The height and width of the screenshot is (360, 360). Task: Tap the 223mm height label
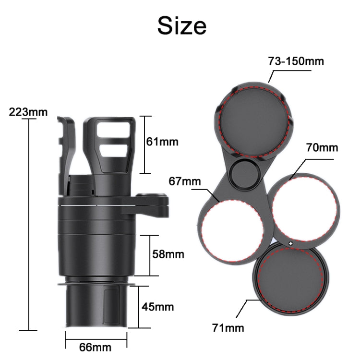(28, 112)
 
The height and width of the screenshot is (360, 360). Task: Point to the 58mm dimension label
(168, 254)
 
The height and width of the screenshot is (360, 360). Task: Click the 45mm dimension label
(157, 306)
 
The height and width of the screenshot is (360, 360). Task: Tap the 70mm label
(322, 147)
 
